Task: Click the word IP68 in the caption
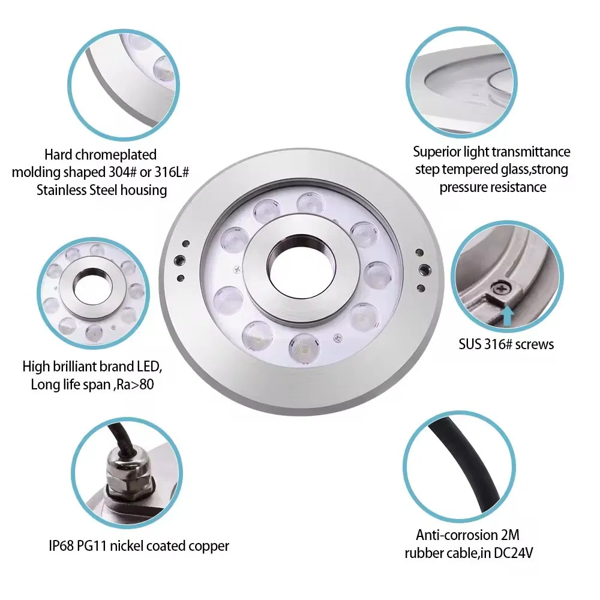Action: point(62,546)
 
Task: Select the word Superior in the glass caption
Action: point(437,152)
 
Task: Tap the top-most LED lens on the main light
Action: point(310,203)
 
